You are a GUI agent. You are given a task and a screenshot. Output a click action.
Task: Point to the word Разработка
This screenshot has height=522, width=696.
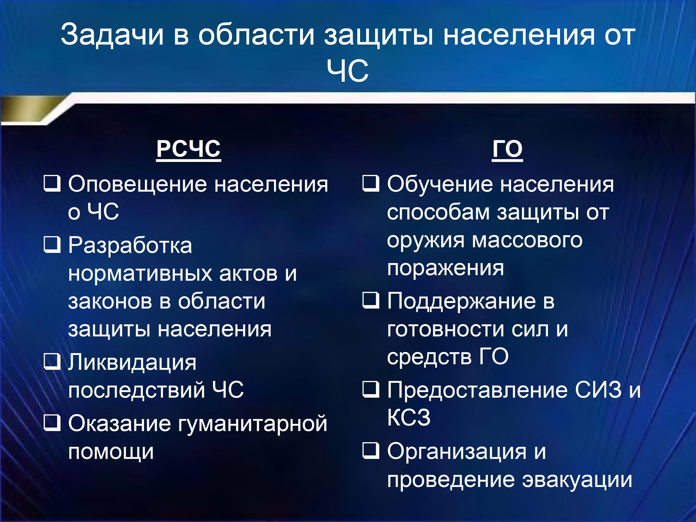130,246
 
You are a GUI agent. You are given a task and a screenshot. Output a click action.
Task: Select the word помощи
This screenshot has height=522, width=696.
111,452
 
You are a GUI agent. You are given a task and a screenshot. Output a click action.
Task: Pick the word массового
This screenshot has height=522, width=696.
527,241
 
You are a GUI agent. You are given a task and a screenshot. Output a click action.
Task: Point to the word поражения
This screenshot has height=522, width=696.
445,268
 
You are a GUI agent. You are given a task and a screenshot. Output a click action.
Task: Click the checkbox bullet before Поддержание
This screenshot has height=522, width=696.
371,300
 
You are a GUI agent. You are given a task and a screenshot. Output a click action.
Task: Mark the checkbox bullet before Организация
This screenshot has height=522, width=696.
371,451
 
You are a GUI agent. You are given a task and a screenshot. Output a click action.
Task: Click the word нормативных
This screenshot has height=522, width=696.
140,274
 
